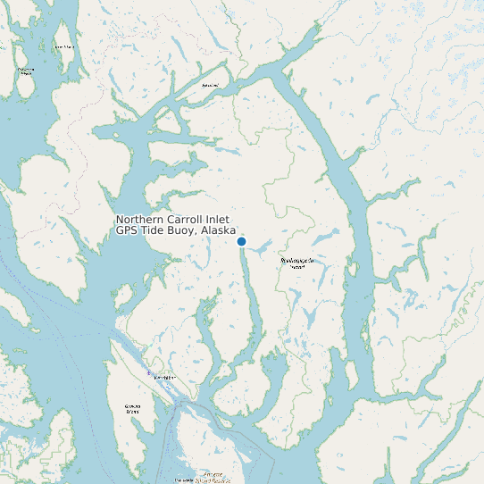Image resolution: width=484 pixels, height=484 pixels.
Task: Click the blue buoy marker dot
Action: pyautogui.click(x=241, y=241)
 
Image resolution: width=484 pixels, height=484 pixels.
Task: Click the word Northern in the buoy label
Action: pyautogui.click(x=139, y=220)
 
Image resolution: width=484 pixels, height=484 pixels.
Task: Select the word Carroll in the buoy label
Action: pyautogui.click(x=185, y=220)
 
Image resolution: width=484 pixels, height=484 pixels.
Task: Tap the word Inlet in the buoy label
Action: pyautogui.click(x=217, y=220)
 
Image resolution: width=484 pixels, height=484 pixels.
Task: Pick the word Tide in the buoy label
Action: pyautogui.click(x=154, y=230)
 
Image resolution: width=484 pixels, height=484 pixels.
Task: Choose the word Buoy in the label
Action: pyautogui.click(x=183, y=230)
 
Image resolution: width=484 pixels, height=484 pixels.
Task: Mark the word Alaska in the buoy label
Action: pyautogui.click(x=219, y=230)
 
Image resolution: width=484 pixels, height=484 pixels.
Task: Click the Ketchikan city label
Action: pyautogui.click(x=165, y=378)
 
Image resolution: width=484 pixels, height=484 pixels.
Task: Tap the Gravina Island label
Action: pyautogui.click(x=132, y=409)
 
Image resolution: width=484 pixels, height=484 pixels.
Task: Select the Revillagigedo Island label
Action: pyautogui.click(x=298, y=263)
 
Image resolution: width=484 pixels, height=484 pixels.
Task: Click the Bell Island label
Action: pyautogui.click(x=211, y=86)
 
